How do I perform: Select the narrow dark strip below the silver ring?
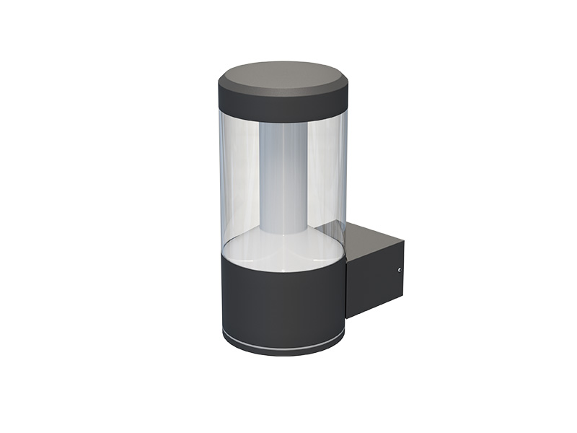[x=281, y=348]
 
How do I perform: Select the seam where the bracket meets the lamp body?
[x=346, y=281]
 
